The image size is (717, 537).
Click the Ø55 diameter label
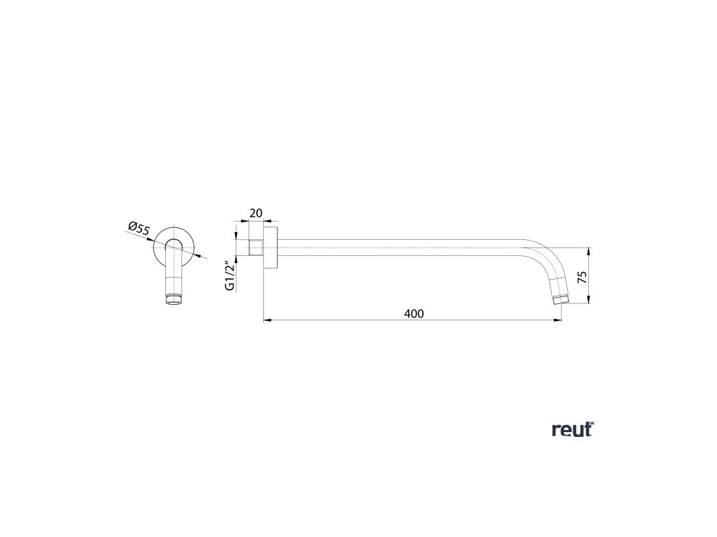point(139,228)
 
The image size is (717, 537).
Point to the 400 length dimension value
point(414,314)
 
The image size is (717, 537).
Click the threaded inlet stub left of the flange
point(256,248)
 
